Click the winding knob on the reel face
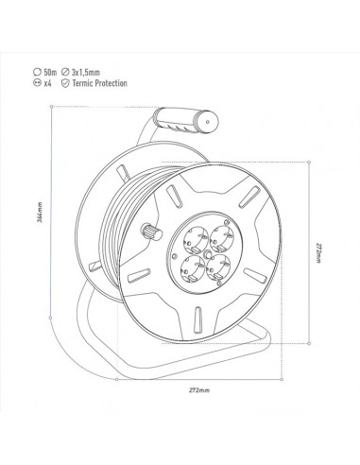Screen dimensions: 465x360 coord(149,232)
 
